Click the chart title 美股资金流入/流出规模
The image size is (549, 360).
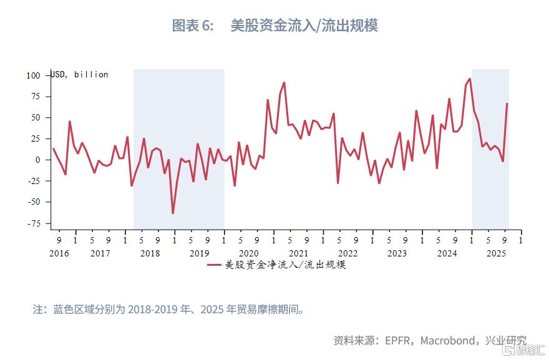pyautogui.click(x=304, y=26)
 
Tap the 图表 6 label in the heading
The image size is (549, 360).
pyautogui.click(x=193, y=26)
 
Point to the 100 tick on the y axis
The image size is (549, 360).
pyautogui.click(x=33, y=75)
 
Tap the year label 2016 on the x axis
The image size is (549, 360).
pyautogui.click(x=59, y=253)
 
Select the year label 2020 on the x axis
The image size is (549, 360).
pyautogui.click(x=248, y=253)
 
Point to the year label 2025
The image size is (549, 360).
pyautogui.click(x=496, y=253)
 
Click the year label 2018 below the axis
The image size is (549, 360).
pyautogui.click(x=150, y=253)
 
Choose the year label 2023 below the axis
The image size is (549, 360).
pyautogui.click(x=397, y=253)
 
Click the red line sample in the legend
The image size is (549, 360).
pyautogui.click(x=214, y=265)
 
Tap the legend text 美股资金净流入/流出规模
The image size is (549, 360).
pyautogui.click(x=285, y=265)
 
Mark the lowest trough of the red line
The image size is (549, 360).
pyautogui.click(x=173, y=213)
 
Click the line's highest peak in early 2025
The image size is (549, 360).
pyautogui.click(x=469, y=79)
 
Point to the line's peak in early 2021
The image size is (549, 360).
pyautogui.click(x=284, y=82)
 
